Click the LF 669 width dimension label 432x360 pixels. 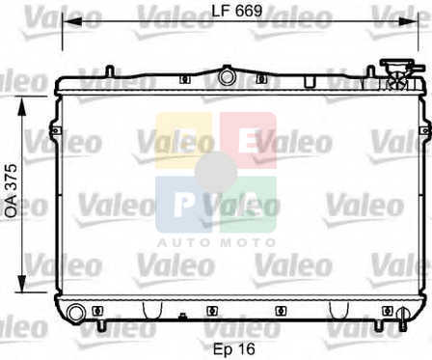coord(237,11)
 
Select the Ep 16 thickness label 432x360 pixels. coord(234,349)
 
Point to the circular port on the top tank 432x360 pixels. coord(227,77)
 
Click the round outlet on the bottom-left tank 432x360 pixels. coord(76,313)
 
